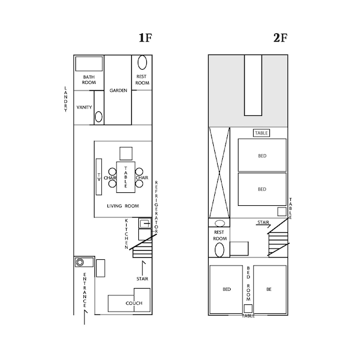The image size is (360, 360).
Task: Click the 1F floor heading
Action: tap(146, 38)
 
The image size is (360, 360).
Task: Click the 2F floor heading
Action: tap(280, 38)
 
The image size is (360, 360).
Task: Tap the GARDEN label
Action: tap(118, 91)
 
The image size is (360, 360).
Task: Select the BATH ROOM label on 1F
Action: tap(89, 80)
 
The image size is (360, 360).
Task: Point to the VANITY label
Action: tap(84, 107)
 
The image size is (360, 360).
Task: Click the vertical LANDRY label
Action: tap(66, 99)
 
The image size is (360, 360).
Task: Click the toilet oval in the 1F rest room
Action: tap(142, 62)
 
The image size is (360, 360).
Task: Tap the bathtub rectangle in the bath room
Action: tap(89, 64)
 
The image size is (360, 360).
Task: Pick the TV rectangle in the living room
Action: tap(99, 177)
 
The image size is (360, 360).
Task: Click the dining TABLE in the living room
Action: tap(125, 177)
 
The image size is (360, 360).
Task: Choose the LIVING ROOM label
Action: tap(123, 206)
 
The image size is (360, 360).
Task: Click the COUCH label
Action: tap(134, 303)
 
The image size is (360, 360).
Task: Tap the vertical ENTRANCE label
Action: tap(85, 290)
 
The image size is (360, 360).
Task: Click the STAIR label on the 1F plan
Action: tap(142, 279)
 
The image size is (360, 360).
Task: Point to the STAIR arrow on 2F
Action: tap(263, 226)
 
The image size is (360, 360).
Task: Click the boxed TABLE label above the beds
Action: tap(262, 133)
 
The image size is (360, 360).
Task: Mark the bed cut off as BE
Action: tap(270, 290)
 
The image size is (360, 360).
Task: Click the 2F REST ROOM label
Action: tap(220, 235)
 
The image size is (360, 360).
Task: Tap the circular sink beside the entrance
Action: tap(80, 262)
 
